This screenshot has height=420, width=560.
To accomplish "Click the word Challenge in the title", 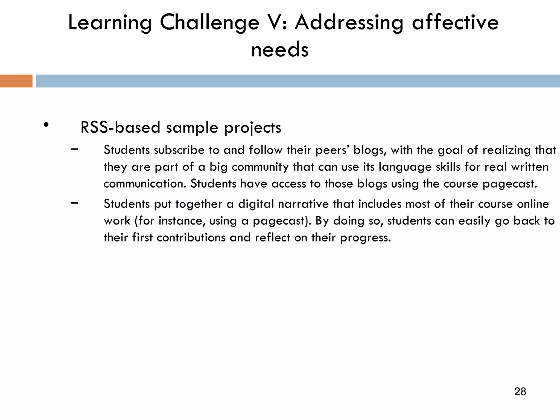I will (209, 23).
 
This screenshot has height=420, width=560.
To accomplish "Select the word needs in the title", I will (280, 50).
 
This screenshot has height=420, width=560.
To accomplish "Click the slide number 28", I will (520, 392).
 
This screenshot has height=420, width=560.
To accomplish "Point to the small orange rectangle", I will (16, 81).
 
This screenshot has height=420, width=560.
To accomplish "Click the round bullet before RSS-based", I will (46, 125).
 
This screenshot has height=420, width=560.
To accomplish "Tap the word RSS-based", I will (120, 127).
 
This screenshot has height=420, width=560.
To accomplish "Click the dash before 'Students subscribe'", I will (74, 149).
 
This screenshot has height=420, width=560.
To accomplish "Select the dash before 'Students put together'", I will (74, 203).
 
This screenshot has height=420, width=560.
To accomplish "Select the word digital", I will (256, 204).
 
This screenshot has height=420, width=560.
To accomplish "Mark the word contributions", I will (191, 237).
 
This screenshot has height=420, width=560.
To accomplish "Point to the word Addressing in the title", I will (349, 23).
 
